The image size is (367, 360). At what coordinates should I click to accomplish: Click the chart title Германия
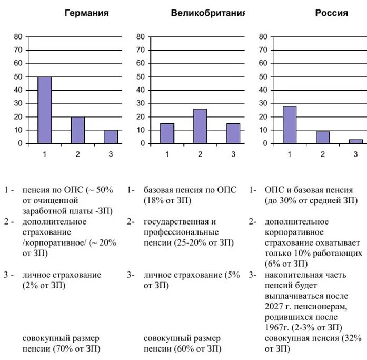click(86, 13)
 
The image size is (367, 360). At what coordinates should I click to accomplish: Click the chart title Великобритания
click(208, 13)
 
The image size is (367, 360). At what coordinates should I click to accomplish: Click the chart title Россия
click(331, 13)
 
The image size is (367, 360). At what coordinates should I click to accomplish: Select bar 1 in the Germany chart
click(45, 110)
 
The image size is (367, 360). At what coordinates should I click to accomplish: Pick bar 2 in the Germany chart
click(78, 130)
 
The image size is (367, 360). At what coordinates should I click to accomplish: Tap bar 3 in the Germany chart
click(111, 137)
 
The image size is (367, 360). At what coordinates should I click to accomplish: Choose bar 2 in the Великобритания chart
click(200, 126)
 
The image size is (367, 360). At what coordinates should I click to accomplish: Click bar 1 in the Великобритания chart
click(167, 133)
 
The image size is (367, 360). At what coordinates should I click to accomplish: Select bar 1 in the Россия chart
click(290, 125)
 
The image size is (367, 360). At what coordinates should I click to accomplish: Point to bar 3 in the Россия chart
click(356, 141)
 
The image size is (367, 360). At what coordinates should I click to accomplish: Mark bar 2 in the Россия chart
click(323, 138)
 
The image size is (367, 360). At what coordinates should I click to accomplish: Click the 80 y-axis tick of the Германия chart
click(18, 36)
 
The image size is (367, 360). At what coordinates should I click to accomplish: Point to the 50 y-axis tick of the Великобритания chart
click(141, 76)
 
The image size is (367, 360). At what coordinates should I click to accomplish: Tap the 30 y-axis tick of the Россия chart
click(263, 103)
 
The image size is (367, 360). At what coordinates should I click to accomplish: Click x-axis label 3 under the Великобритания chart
click(233, 154)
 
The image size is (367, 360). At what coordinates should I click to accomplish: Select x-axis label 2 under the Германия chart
click(78, 154)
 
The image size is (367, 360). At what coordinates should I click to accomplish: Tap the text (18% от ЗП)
click(167, 200)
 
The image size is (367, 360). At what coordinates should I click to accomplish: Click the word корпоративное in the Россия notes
click(294, 232)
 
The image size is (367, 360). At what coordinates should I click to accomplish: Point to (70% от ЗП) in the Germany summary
click(77, 349)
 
